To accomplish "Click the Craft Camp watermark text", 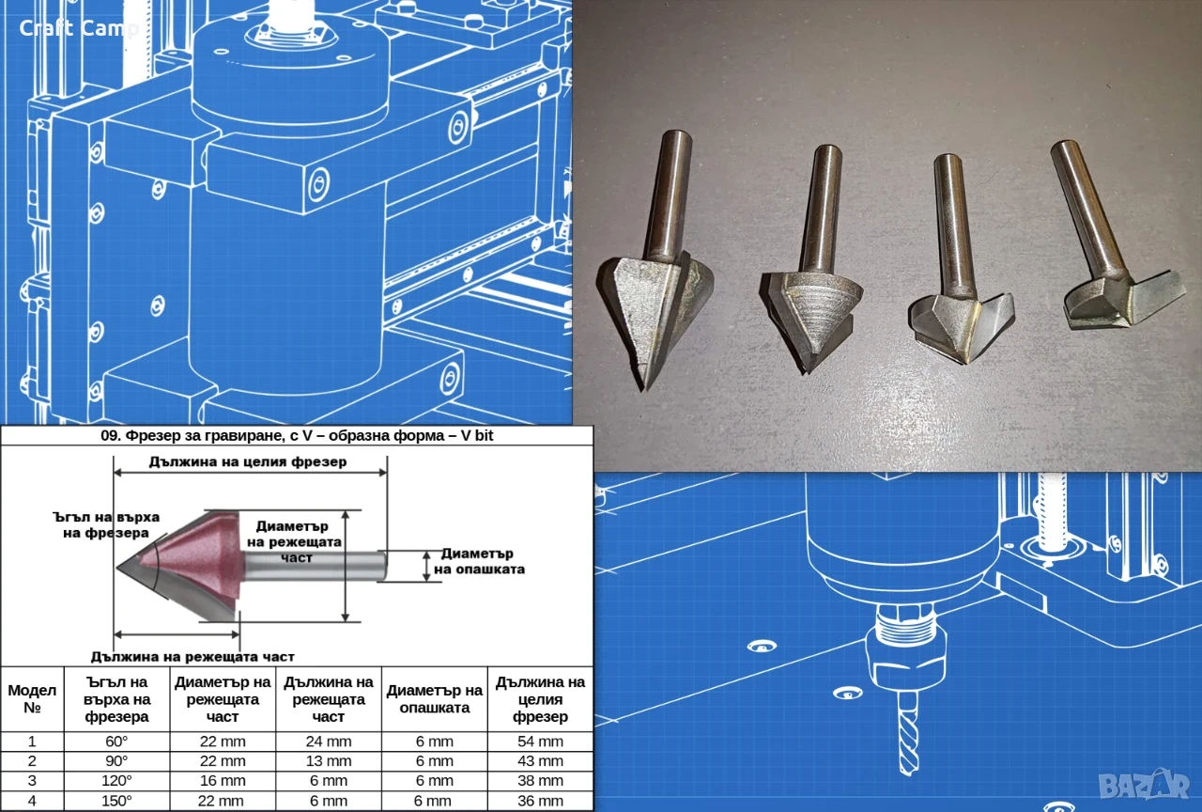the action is tap(79, 28).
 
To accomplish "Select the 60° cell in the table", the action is tap(116, 742).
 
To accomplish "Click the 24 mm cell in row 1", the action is tap(329, 742).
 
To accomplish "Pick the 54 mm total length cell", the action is tap(540, 742).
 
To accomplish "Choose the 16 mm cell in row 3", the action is tap(223, 780).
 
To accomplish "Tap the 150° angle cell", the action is tap(116, 801).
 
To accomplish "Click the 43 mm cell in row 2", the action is tap(540, 761).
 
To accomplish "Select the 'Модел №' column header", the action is tap(32, 698).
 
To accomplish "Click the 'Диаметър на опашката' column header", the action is tap(435, 698).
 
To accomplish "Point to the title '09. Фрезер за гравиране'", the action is tap(297, 435).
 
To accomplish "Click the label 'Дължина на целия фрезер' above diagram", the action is tap(248, 461).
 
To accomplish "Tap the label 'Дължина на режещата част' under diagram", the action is tap(193, 657).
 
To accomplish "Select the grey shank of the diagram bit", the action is tap(315, 566).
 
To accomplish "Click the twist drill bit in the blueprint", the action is tap(907, 731).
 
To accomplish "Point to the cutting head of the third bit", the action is tap(961, 328).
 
